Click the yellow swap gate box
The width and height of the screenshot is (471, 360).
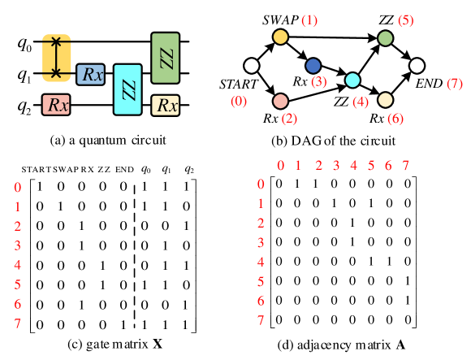[57, 58]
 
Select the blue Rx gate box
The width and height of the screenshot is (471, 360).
[90, 75]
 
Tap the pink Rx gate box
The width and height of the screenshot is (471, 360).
[56, 104]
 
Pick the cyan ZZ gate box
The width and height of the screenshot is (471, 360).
[127, 89]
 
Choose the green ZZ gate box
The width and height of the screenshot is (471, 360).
[165, 58]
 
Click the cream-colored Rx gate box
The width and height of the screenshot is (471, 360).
[165, 105]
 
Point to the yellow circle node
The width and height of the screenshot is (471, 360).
[280, 37]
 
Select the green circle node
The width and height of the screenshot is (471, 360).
[385, 38]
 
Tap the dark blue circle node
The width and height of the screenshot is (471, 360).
[313, 66]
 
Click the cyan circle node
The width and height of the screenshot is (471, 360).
[352, 80]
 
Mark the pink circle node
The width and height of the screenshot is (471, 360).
[280, 101]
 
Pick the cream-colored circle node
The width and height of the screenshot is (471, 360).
[385, 100]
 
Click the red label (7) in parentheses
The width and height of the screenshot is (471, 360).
[455, 84]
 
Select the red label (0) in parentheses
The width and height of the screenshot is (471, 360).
[239, 101]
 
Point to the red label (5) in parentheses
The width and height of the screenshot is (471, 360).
[405, 20]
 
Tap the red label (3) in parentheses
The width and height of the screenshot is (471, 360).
[318, 81]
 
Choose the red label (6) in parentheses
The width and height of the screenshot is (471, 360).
[395, 119]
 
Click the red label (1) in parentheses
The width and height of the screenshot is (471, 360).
[309, 20]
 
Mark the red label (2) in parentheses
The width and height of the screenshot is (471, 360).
[289, 119]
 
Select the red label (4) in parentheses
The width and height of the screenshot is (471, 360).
[361, 102]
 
